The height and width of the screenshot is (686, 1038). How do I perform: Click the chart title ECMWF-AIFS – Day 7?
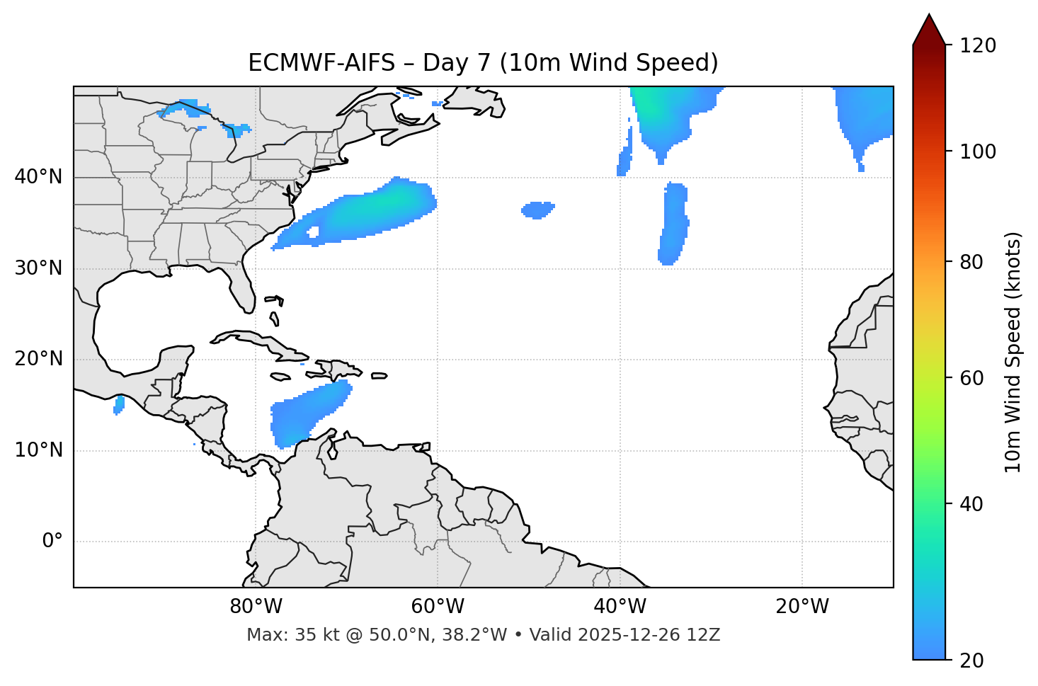(483, 63)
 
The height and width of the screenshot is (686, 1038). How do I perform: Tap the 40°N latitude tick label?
(38, 177)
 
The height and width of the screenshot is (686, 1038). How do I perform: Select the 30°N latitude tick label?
(38, 268)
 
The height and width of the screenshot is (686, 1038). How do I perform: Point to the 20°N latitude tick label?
(38, 359)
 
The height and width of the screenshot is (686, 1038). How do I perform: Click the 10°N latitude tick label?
(38, 450)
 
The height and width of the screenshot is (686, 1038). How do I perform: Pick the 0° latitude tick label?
(52, 542)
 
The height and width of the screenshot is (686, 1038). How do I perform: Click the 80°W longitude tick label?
(256, 607)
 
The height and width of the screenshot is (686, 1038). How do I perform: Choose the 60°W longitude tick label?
(438, 607)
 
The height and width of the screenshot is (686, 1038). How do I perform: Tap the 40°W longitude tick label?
(620, 607)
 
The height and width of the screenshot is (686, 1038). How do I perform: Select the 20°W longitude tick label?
(802, 607)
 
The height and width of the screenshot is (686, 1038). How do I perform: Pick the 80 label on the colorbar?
(974, 262)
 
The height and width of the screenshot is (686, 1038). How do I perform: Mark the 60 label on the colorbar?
(974, 378)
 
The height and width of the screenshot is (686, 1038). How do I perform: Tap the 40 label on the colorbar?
(974, 504)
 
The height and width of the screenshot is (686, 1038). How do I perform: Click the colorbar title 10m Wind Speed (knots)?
(1014, 352)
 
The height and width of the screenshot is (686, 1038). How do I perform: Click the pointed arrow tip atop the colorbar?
(929, 16)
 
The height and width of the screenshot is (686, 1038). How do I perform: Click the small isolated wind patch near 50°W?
(537, 210)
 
